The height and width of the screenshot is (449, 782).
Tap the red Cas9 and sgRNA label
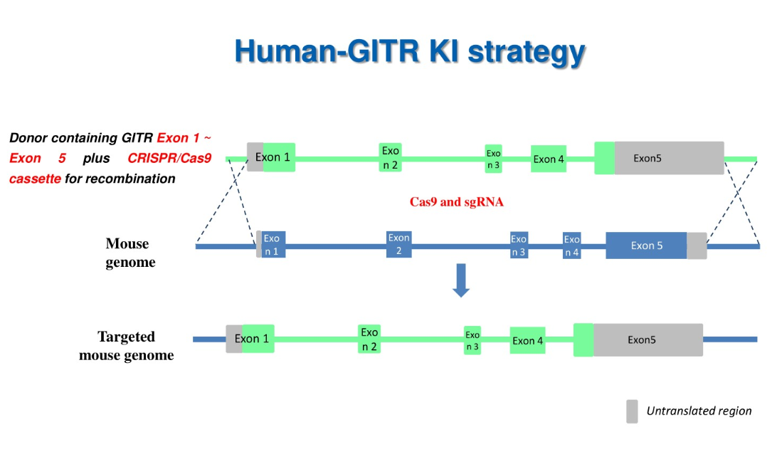tap(456, 202)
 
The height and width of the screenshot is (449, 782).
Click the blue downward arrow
tap(461, 280)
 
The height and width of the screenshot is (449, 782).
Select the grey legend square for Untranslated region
tap(632, 411)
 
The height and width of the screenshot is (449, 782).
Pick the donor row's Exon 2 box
tap(390, 157)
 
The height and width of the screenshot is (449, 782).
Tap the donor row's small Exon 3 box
tap(493, 159)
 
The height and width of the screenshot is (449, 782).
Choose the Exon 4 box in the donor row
tap(548, 159)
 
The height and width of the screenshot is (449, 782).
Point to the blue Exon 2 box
tap(399, 244)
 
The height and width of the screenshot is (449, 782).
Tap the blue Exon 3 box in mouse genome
tap(519, 245)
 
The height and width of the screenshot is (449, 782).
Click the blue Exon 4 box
tap(571, 245)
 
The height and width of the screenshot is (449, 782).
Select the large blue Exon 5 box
tap(646, 245)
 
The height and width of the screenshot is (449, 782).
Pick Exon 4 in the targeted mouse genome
tap(527, 340)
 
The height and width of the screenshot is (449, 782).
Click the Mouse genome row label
tap(130, 253)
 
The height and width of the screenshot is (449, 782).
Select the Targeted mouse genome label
tap(126, 346)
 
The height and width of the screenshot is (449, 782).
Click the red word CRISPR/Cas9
tap(169, 158)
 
